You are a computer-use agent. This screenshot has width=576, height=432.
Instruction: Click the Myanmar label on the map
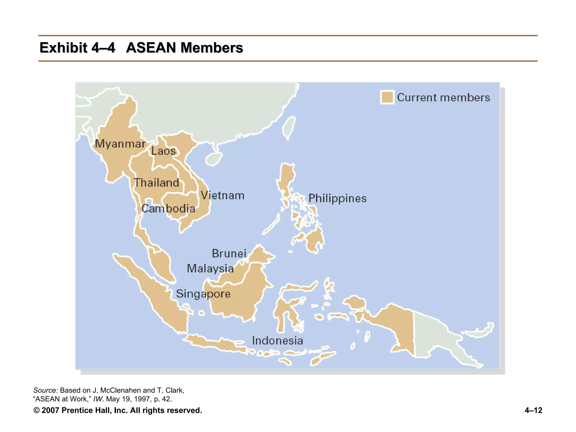point(120,144)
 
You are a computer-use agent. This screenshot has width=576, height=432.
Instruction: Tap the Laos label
point(163,151)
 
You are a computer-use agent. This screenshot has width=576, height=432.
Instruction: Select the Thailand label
point(156,183)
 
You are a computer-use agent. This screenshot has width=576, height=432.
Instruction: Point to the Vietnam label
point(222,195)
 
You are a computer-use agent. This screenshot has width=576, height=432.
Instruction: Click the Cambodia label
point(168,209)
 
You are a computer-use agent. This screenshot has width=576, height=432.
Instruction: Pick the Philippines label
point(337,199)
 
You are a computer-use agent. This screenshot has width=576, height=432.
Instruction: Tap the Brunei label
point(229,253)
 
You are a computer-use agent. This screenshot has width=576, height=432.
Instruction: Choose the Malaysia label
point(210,269)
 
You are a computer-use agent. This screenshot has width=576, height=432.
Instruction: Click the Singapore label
point(203,294)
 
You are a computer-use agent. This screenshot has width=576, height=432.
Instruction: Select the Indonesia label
point(277,341)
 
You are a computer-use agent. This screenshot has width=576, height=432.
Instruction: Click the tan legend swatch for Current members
point(387,97)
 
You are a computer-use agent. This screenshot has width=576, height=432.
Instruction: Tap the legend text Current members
point(443,98)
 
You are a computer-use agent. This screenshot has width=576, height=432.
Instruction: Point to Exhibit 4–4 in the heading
point(77,48)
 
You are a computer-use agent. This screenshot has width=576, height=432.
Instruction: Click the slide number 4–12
point(533,410)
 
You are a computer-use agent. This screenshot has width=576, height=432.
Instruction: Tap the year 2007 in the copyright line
point(50,410)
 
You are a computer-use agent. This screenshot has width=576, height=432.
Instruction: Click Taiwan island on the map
point(289,127)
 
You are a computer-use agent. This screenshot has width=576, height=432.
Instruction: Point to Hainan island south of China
point(214,159)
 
